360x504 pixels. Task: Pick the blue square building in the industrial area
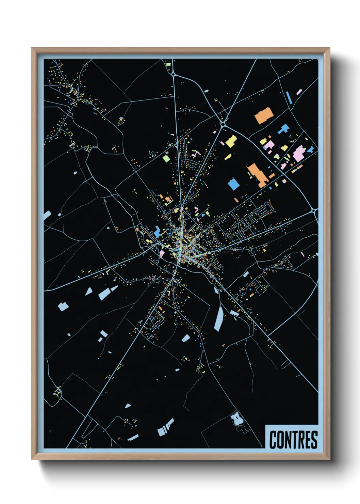[233, 184]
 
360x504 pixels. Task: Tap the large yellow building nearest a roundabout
[231, 141]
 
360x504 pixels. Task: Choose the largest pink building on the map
[299, 153]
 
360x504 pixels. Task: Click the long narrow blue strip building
[289, 97]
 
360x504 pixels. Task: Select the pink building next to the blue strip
[299, 92]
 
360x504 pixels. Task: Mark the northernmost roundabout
[173, 74]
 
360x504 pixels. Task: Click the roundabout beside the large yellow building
[223, 125]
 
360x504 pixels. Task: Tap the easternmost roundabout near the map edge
[314, 211]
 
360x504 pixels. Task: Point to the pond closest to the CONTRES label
[235, 418]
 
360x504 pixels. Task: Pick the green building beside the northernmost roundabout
[168, 64]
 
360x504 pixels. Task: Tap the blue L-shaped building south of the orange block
[283, 129]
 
